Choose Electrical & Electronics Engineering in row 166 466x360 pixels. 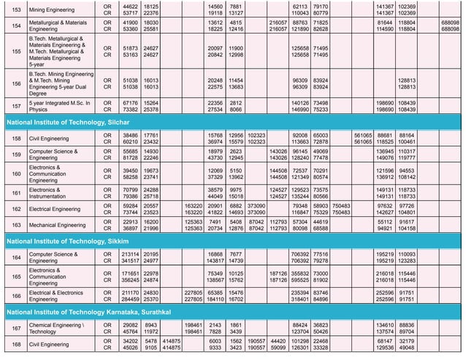[59, 296]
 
